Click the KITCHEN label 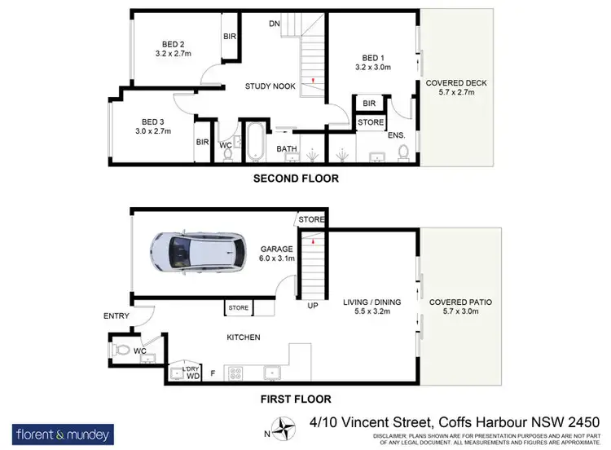(244, 337)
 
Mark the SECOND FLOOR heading (296, 179)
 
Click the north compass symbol (284, 426)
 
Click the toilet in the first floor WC (122, 351)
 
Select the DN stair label (275, 24)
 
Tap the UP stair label (312, 307)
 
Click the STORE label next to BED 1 (371, 122)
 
